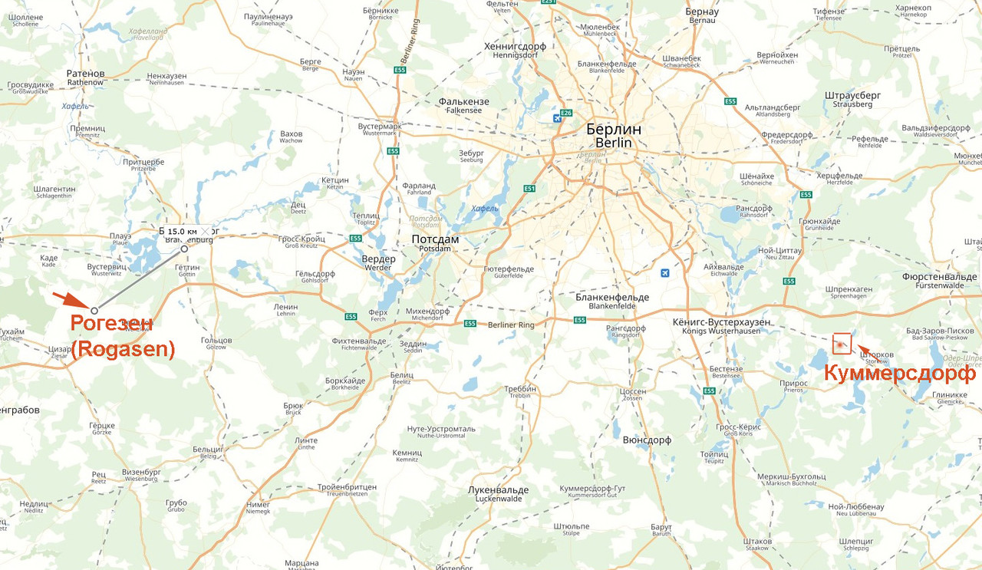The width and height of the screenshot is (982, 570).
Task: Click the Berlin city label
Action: coord(613,135)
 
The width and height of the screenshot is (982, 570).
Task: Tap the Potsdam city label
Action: coord(435,243)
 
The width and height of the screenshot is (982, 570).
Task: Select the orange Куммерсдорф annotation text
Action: coord(899,374)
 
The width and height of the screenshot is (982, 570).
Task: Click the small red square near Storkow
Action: coord(842,344)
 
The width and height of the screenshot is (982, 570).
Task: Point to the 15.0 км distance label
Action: coord(183,231)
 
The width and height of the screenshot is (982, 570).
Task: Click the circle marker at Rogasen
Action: coord(94,311)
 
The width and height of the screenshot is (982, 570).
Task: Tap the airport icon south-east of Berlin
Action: coord(664,272)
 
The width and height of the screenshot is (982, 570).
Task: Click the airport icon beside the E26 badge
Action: coord(556,118)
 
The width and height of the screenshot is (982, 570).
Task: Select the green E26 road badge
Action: coord(567,114)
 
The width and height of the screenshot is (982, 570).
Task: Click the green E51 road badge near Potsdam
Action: coord(529,188)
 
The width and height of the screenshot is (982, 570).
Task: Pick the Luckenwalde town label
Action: coord(498,493)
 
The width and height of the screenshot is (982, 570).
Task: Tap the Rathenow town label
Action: coord(85,77)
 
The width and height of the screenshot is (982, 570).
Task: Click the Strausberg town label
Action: coord(852,99)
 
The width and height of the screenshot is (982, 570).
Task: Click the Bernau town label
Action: coord(701,15)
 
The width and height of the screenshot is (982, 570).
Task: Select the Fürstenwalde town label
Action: coord(939,280)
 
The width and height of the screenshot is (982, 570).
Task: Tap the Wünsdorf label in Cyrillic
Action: coord(647,440)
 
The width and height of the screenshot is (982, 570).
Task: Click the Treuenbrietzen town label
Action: coord(347,490)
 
